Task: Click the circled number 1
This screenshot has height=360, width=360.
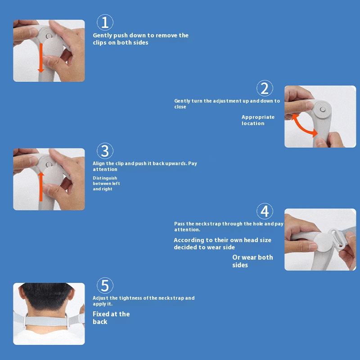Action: tap(105, 22)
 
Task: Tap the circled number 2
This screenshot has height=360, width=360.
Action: tap(265, 88)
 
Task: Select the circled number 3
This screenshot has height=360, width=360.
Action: tap(105, 151)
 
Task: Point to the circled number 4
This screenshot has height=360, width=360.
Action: tap(265, 211)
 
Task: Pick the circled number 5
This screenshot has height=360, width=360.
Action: tap(105, 285)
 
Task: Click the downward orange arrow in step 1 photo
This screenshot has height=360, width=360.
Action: tap(41, 58)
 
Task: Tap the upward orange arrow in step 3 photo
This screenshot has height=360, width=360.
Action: tap(41, 187)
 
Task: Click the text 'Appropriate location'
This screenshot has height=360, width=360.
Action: tap(258, 120)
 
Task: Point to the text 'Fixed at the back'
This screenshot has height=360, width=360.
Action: tap(111, 318)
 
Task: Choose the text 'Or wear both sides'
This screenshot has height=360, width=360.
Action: tap(252, 261)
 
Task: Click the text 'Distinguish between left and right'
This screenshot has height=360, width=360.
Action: tap(106, 184)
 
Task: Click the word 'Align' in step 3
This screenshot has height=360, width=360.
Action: tap(99, 163)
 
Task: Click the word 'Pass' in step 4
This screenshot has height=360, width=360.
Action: tap(179, 224)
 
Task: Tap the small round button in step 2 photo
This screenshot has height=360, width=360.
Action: tap(323, 109)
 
